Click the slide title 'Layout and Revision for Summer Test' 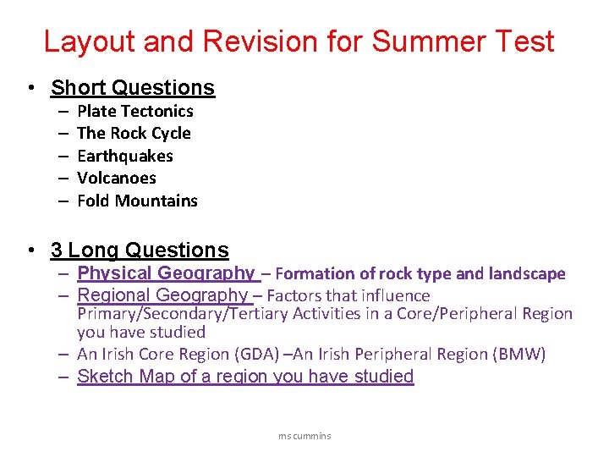coord(299,41)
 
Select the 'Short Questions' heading coord(133,88)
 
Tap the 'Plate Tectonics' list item coord(135,111)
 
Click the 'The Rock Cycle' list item coord(134,133)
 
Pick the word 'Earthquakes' coord(124,156)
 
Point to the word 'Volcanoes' coord(117,178)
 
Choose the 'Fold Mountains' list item coord(137,201)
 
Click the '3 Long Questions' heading coord(140,251)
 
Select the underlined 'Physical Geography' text coord(166,273)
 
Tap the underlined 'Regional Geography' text coord(162,295)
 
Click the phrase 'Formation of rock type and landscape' coord(420,273)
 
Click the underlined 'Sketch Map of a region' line coord(245,377)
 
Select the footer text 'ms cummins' coord(304,436)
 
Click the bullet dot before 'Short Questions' coord(30,88)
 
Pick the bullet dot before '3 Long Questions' coord(30,251)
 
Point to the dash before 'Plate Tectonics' coord(63,111)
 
